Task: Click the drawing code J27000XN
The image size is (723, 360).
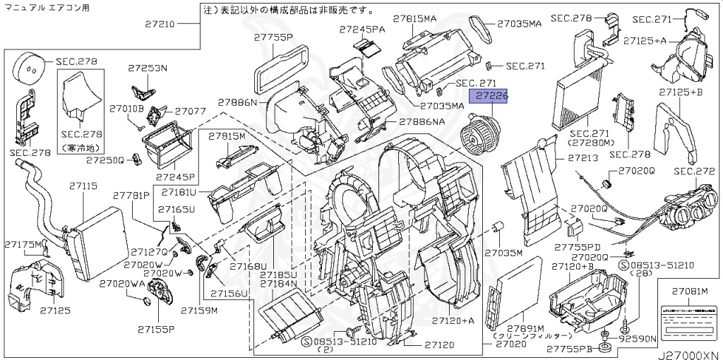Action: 690,353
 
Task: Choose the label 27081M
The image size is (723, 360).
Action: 689,291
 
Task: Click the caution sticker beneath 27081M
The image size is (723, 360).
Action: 689,316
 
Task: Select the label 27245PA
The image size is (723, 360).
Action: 361,29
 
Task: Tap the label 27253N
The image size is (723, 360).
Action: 148,68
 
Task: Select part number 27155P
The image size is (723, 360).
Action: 156,328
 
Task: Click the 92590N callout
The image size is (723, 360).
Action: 638,339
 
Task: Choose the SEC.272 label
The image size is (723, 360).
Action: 695,172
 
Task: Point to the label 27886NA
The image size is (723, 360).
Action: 422,121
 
